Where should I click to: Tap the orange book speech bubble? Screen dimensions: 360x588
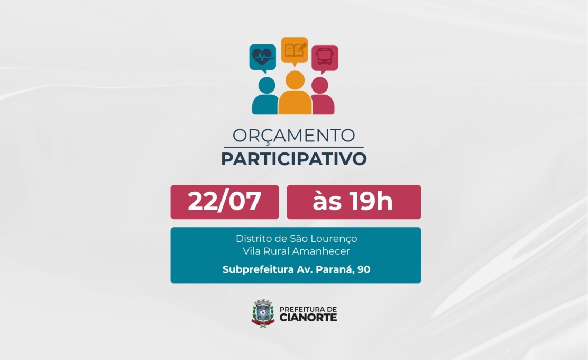pos(295,50)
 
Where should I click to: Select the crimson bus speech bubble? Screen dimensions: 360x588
pos(325,58)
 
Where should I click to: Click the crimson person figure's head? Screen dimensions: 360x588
pos(320,85)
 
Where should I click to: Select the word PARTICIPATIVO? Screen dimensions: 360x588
pos(293,159)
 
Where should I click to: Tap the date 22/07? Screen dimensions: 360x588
pos(224,202)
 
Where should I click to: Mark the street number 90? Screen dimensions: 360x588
pos(364,269)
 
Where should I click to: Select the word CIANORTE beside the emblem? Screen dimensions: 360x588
pos(307,317)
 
